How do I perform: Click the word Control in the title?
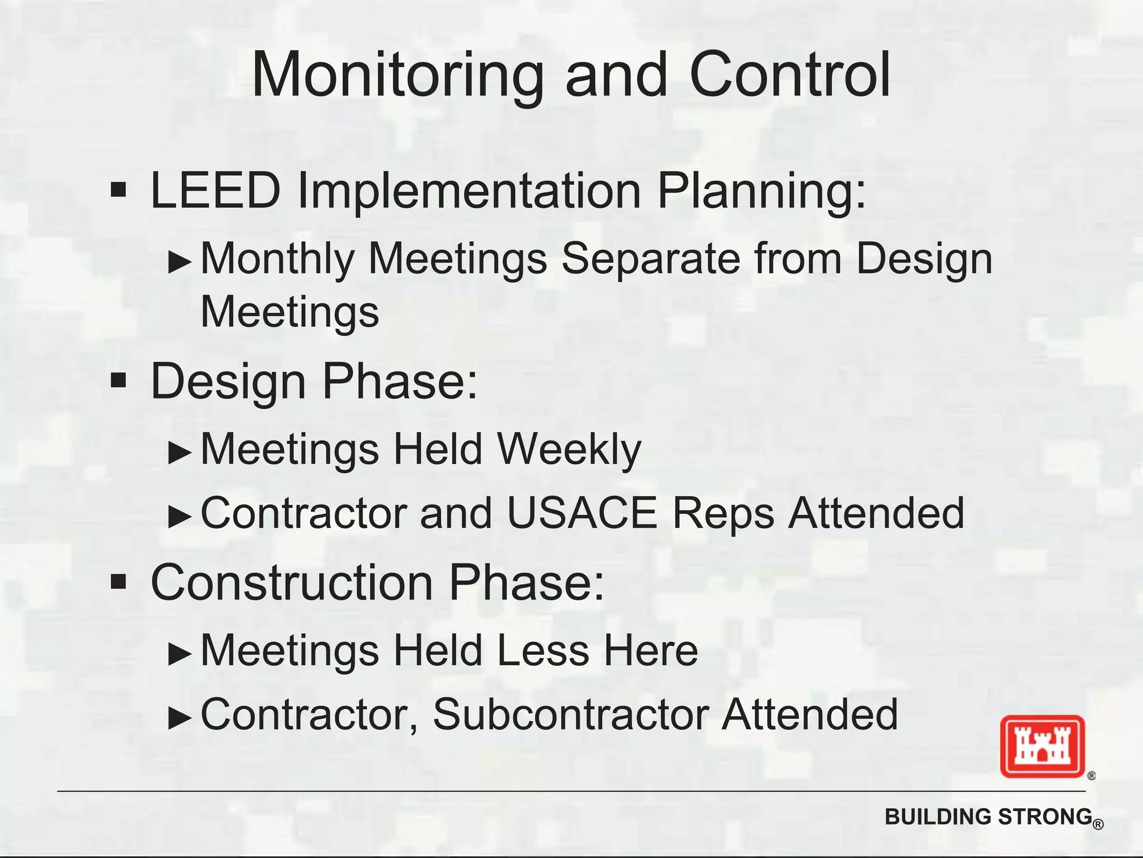[x=790, y=75]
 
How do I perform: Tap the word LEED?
[x=215, y=190]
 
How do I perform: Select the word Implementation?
[x=469, y=190]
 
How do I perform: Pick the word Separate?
[x=650, y=259]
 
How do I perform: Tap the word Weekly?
[x=569, y=450]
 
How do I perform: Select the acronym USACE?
[x=582, y=513]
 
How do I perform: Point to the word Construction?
[x=292, y=583]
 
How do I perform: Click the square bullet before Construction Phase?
[x=118, y=583]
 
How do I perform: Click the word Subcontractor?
[x=570, y=714]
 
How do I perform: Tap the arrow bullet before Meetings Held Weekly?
[x=180, y=452]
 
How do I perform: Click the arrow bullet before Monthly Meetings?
[x=180, y=261]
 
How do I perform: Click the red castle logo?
[x=1042, y=746]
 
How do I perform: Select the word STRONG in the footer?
[x=1044, y=817]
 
